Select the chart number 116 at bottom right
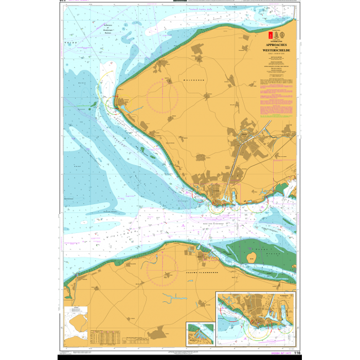297,352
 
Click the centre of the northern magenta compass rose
162,97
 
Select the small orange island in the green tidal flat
253,257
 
